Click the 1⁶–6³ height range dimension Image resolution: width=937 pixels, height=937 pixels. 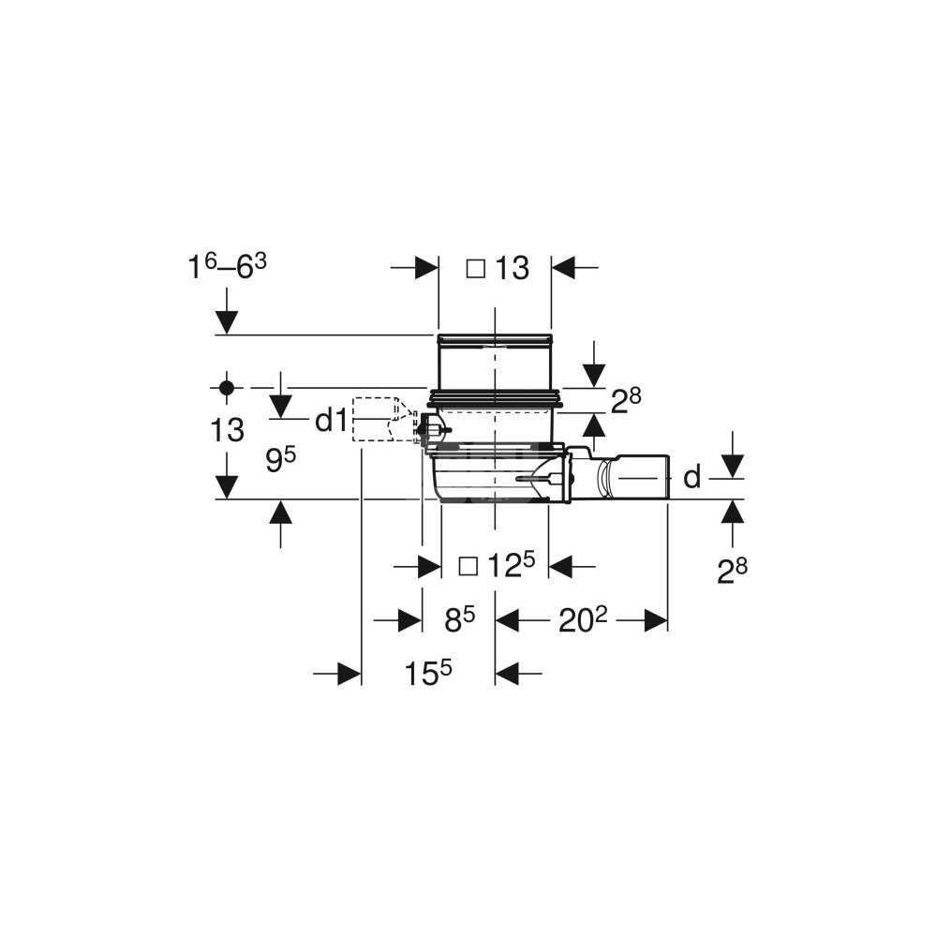click(227, 268)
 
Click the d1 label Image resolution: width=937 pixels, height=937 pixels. click(330, 422)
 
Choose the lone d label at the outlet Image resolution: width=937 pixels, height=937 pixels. click(692, 478)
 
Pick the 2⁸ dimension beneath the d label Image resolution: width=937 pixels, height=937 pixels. click(732, 571)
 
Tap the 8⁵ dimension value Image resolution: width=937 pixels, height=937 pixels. click(459, 619)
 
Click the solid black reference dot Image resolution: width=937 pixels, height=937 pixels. click(226, 386)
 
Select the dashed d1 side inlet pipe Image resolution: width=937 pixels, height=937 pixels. click(379, 420)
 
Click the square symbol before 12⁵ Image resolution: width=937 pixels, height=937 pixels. click(468, 566)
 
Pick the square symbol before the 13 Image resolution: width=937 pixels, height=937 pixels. click(476, 269)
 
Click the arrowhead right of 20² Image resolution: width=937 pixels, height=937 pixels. click(655, 620)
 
